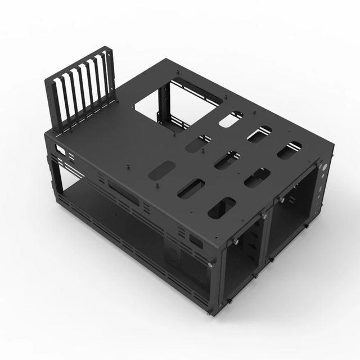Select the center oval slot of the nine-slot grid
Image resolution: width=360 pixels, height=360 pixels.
(227, 160)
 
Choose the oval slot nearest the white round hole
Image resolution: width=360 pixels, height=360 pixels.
(289, 150)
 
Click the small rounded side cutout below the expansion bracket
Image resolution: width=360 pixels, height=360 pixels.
(60, 151)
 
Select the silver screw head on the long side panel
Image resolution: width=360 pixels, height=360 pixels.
(210, 263)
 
